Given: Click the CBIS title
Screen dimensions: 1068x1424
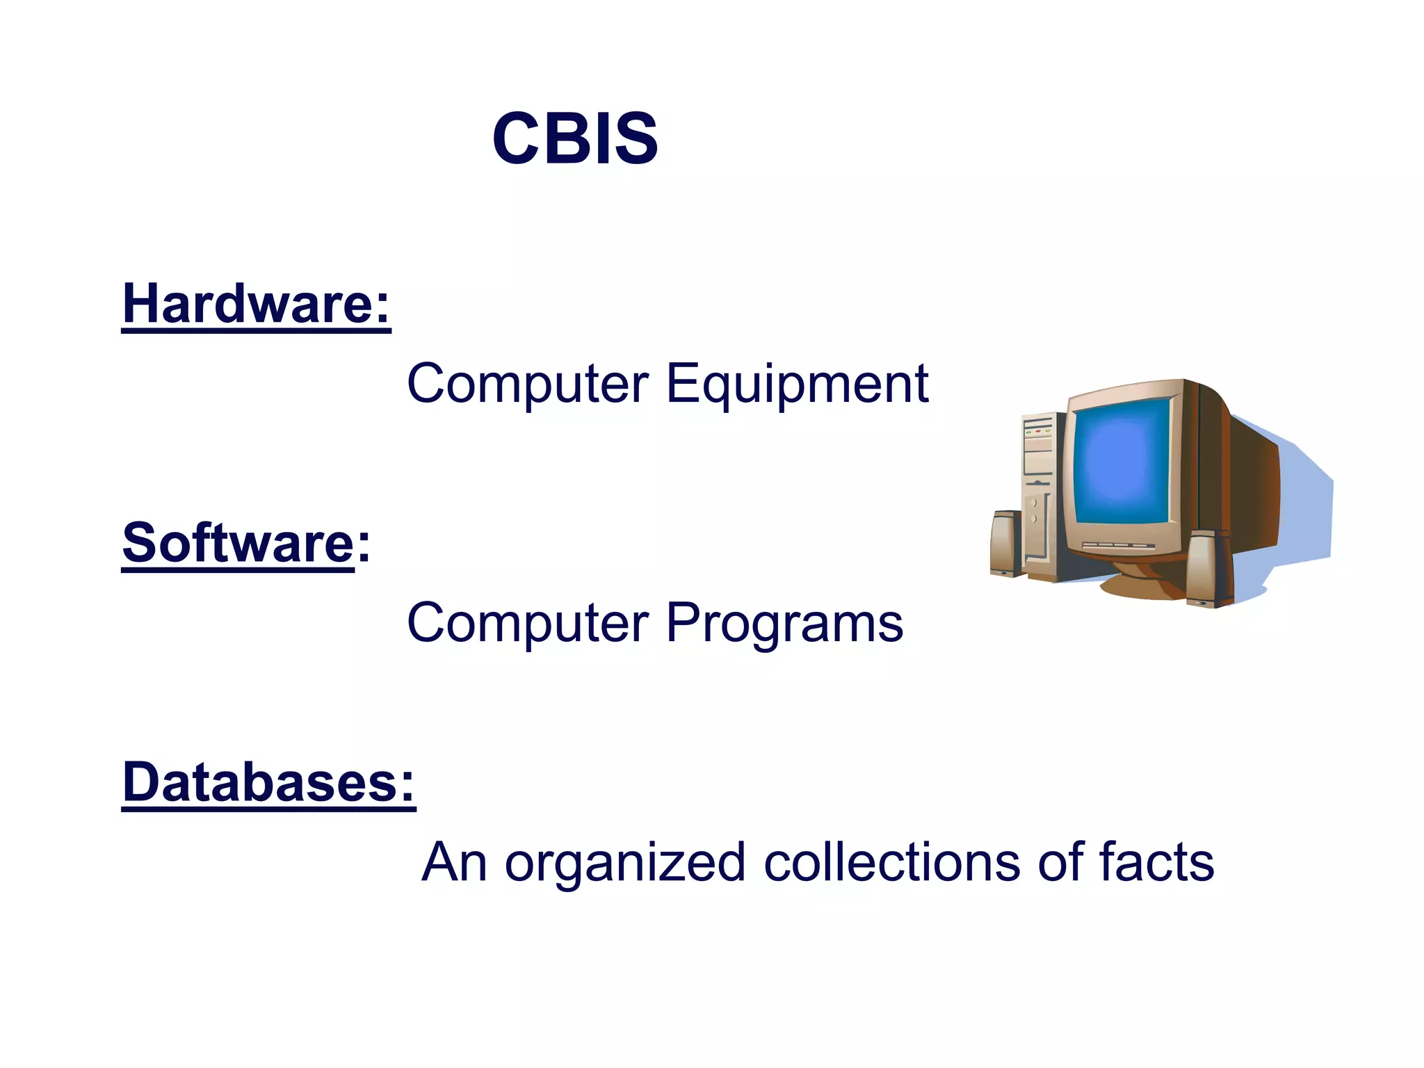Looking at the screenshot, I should [x=575, y=139].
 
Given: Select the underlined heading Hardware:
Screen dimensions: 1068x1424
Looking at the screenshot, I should [x=256, y=305].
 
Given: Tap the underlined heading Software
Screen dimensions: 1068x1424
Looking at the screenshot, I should [x=238, y=543].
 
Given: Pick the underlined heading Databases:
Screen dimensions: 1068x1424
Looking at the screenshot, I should [x=268, y=782].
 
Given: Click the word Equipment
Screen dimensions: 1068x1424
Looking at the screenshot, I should [x=797, y=384].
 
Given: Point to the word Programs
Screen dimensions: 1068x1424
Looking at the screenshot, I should [x=784, y=623].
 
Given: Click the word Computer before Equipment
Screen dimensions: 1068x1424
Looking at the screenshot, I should [x=528, y=384].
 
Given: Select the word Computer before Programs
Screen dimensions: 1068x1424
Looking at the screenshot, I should [x=528, y=623].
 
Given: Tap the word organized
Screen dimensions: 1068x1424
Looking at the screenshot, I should [x=624, y=864].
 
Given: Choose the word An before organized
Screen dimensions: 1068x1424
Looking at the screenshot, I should [x=454, y=862].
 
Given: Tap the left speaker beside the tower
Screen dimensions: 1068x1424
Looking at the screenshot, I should [x=1005, y=544].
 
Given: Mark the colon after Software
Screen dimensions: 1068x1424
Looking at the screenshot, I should [x=364, y=544].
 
